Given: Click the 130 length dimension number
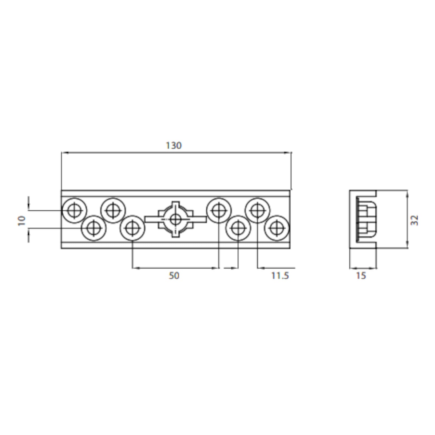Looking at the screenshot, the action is (x=174, y=145).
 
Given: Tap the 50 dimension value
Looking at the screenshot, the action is (x=174, y=276).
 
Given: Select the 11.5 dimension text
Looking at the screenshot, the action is (x=280, y=276).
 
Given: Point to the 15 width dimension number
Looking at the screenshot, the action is (x=361, y=276).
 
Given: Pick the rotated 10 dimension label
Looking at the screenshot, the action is (x=21, y=220).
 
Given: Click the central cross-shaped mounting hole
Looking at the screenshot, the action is (x=176, y=219).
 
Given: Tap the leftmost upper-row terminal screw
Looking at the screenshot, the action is (x=74, y=210).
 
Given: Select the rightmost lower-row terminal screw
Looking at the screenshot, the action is (x=276, y=228).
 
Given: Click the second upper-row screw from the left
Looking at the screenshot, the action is (x=113, y=210).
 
